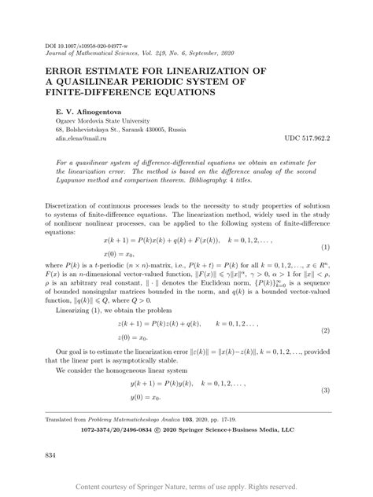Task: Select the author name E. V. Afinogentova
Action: [x=80, y=112]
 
